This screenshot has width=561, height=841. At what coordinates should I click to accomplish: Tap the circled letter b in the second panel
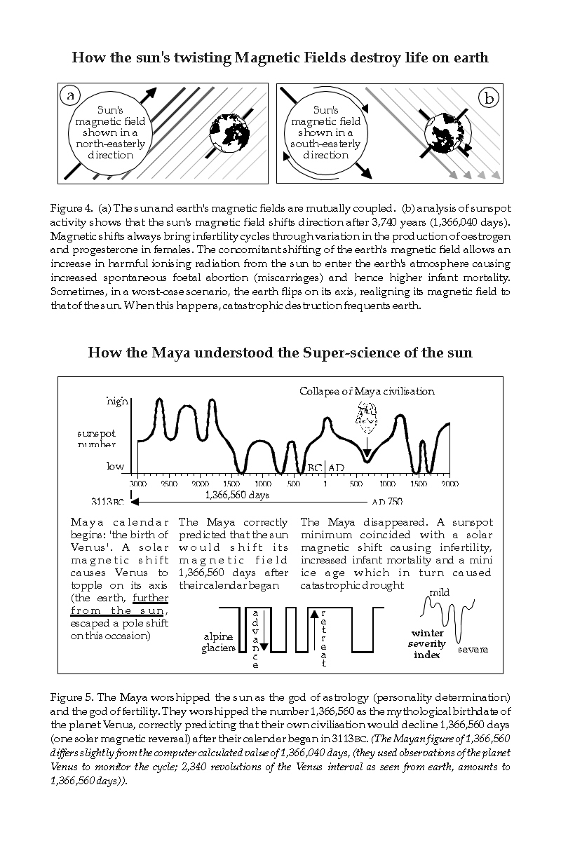[489, 97]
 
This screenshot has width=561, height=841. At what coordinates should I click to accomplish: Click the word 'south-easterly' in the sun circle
[325, 144]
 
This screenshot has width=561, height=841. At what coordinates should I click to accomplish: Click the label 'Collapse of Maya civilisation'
[367, 391]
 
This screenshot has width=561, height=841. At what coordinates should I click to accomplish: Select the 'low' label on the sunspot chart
[115, 466]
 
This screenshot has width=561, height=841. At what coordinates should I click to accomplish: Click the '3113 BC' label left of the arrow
[108, 502]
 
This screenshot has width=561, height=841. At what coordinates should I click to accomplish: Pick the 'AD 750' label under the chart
[387, 502]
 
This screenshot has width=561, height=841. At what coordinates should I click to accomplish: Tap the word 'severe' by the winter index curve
[473, 650]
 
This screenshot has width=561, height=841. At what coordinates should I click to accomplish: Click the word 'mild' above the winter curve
[440, 593]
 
